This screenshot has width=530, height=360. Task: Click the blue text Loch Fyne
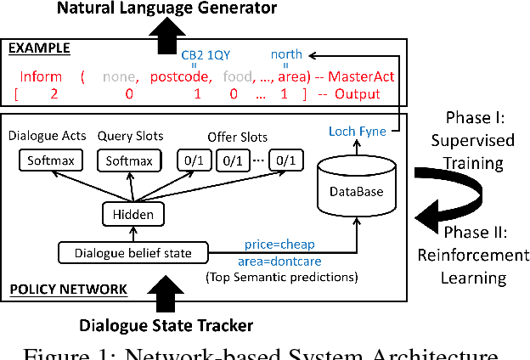352,130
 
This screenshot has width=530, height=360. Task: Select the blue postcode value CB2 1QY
206,53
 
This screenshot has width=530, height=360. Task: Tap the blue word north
286,53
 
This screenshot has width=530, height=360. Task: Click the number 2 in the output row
54,94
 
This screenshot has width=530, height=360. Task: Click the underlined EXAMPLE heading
39,48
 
